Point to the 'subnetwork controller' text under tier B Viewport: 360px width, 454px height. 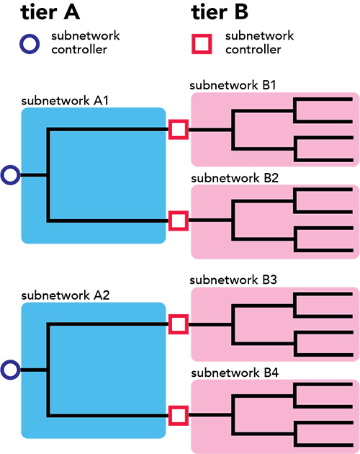253,43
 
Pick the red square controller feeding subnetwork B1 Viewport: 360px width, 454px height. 178,130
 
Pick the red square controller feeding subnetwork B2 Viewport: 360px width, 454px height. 178,219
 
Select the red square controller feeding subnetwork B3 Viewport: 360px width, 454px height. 178,325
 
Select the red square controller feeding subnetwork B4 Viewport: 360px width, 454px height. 178,414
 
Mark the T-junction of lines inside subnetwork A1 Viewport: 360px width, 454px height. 48,174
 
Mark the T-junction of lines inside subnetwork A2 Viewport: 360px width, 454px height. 48,370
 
